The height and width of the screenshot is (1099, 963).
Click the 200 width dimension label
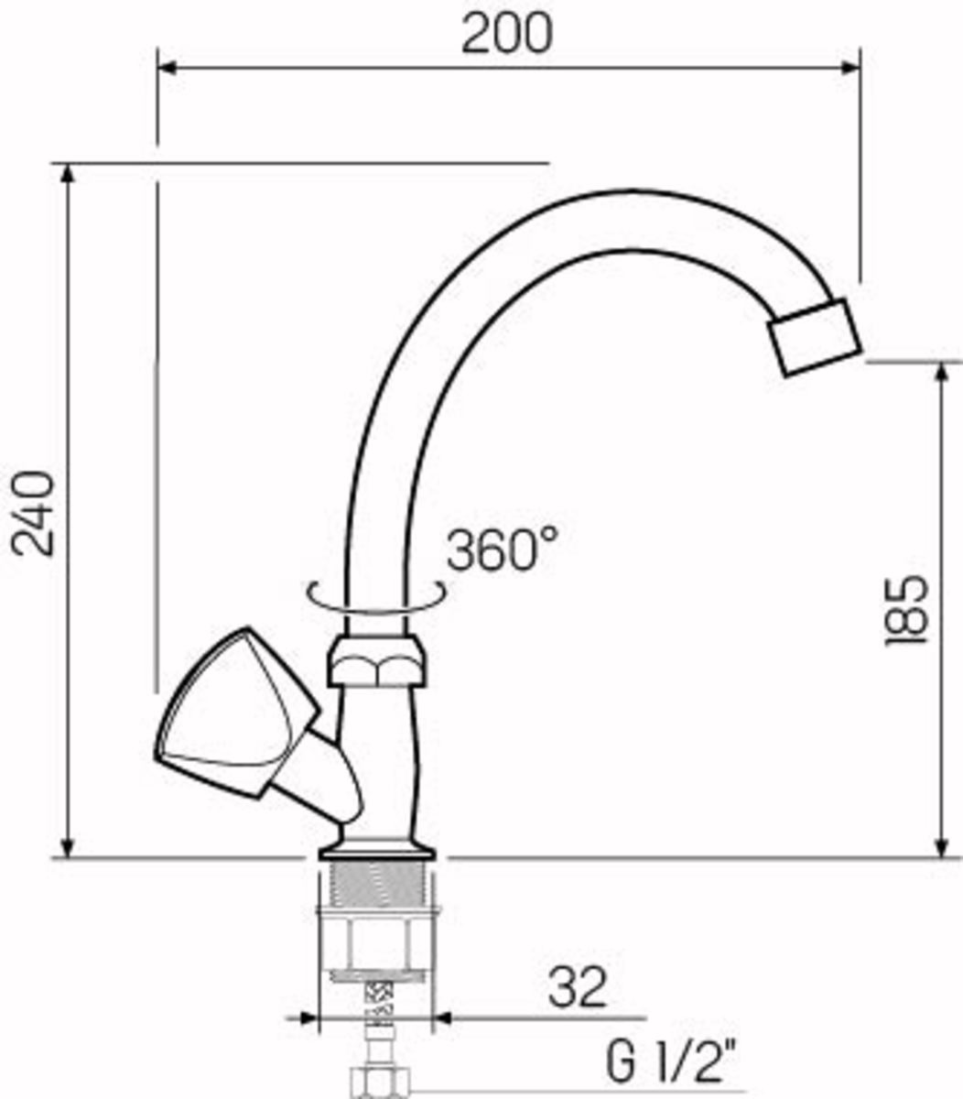point(507,33)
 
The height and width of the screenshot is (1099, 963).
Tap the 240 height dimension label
point(34,514)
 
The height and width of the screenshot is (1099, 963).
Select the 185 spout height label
point(906,610)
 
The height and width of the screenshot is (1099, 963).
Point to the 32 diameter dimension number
point(577,986)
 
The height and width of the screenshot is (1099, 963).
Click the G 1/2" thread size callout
point(672,1060)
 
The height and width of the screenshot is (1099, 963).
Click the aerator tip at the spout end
point(815,337)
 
